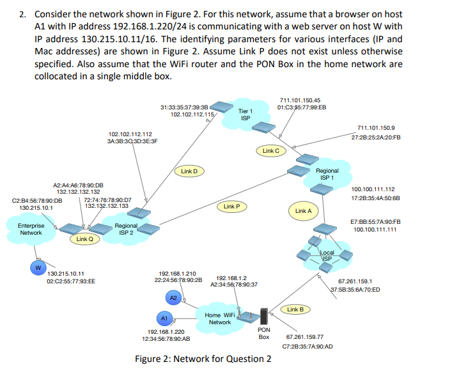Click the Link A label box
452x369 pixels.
tap(303, 210)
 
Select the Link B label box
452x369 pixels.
tap(295, 310)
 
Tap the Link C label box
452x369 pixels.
tap(270, 151)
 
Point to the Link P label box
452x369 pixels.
tap(231, 207)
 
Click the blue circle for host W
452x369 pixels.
tap(38, 267)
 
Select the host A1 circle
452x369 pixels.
tap(164, 318)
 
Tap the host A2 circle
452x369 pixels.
tap(173, 298)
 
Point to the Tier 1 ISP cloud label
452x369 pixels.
tap(245, 114)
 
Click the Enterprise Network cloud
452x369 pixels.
tap(31, 229)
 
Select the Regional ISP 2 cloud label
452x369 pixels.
tap(125, 229)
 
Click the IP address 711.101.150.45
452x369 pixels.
tap(300, 100)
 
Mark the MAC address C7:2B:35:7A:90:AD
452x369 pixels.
tap(307, 346)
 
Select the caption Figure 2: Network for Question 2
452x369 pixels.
tap(203, 358)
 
